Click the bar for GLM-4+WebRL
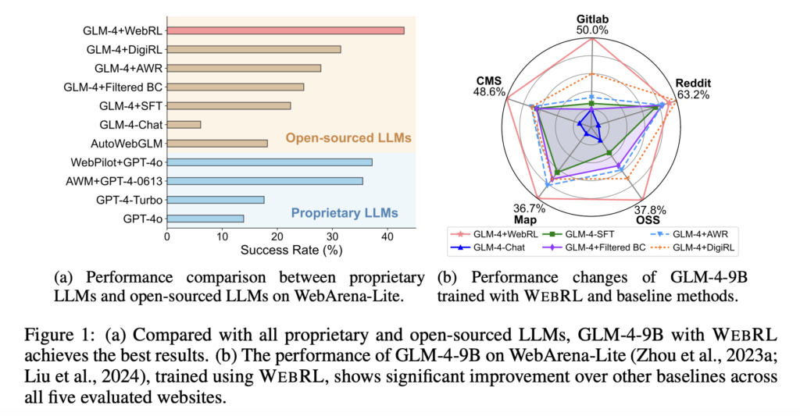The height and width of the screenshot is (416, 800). pyautogui.click(x=285, y=30)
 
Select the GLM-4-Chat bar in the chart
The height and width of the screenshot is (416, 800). pyautogui.click(x=184, y=124)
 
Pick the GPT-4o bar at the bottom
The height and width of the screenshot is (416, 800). pyautogui.click(x=205, y=219)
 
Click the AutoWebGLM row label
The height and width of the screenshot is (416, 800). pyautogui.click(x=127, y=144)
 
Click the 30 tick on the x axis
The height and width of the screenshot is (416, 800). pyautogui.click(x=333, y=235)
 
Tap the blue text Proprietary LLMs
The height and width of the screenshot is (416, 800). pyautogui.click(x=345, y=212)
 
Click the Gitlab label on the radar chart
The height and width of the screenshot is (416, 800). pyautogui.click(x=592, y=16)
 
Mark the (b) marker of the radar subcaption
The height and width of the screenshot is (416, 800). pyautogui.click(x=446, y=277)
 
